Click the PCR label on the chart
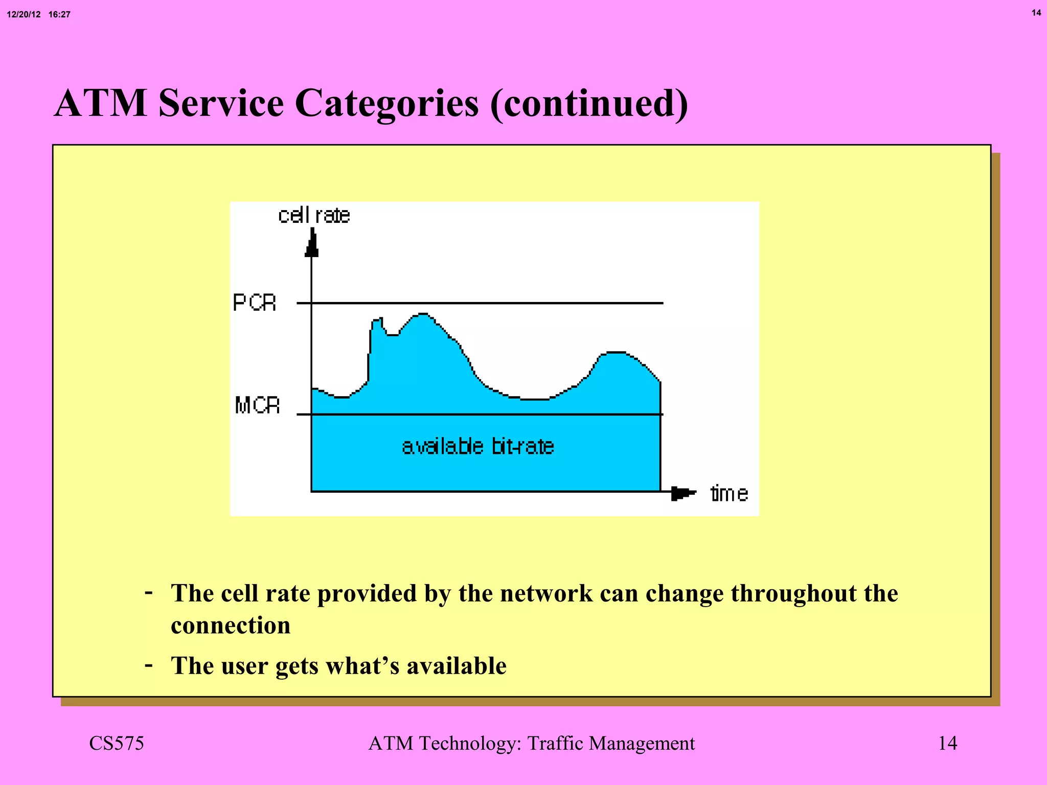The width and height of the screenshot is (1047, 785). pos(254,303)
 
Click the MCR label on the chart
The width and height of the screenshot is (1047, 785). pos(257,405)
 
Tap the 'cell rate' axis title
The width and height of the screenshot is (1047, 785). pos(314,216)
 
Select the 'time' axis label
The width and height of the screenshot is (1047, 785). pos(729,494)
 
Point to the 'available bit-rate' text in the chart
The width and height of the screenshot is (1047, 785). pos(478,447)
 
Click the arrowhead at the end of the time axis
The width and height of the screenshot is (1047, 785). pos(682,493)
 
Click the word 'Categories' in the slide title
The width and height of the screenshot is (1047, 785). pos(386,104)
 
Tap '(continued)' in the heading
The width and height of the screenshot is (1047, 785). pos(589,104)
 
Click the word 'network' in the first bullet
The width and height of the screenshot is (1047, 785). pos(545,593)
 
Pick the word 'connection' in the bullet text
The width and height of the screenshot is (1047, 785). pos(231,626)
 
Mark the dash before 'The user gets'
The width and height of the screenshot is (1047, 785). pos(149,665)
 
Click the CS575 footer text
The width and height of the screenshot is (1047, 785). pos(117,743)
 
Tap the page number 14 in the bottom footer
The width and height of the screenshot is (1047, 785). pos(947,743)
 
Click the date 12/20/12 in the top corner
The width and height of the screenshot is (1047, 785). pos(24,14)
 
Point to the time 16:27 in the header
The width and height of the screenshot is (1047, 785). pos(59,14)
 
